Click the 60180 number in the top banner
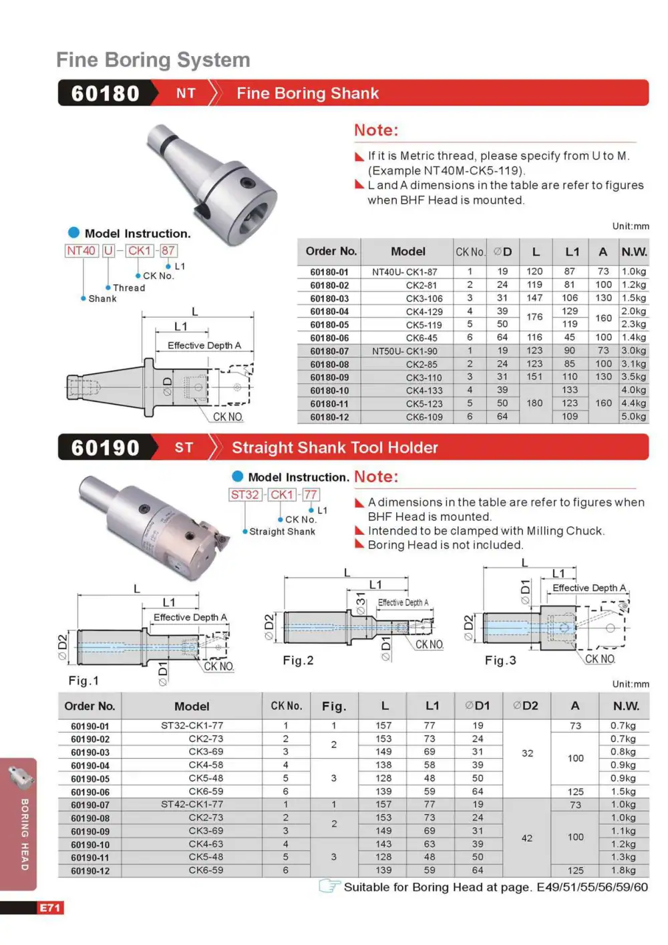tap(105, 93)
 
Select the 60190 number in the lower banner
tap(105, 447)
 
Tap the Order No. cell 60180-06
tap(329, 338)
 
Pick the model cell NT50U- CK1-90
tap(404, 351)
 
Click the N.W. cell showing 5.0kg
tap(633, 416)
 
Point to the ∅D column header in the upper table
tap(502, 252)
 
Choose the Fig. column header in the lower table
tap(334, 706)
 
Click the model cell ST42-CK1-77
tap(192, 804)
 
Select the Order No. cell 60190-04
tap(90, 765)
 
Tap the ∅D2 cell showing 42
tap(526, 838)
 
